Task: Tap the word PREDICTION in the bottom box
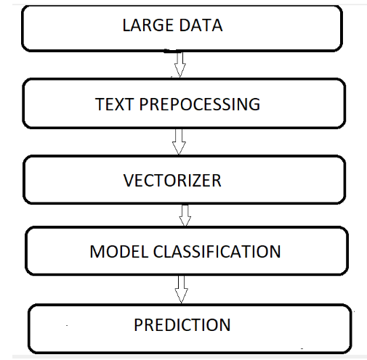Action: point(182,324)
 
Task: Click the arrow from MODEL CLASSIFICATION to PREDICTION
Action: point(182,290)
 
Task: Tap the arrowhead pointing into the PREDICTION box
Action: point(182,298)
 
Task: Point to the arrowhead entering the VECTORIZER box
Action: point(179,150)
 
